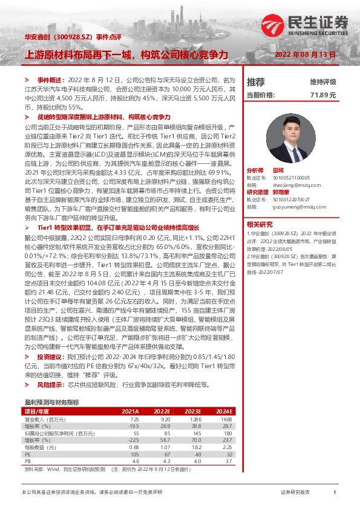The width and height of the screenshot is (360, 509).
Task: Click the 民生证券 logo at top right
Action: [305, 25]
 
